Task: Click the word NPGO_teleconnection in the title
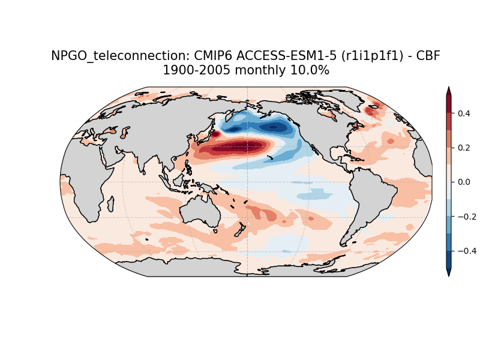click(117, 56)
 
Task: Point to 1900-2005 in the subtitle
click(196, 70)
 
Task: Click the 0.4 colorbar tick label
click(464, 113)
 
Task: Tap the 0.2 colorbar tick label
click(464, 148)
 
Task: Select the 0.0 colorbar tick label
click(464, 182)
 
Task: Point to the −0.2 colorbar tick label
click(467, 217)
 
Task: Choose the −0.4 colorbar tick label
click(467, 251)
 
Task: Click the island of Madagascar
click(111, 204)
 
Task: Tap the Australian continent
click(200, 212)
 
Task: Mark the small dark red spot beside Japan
click(215, 134)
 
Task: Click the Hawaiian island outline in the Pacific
click(270, 158)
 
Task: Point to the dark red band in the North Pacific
click(237, 146)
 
